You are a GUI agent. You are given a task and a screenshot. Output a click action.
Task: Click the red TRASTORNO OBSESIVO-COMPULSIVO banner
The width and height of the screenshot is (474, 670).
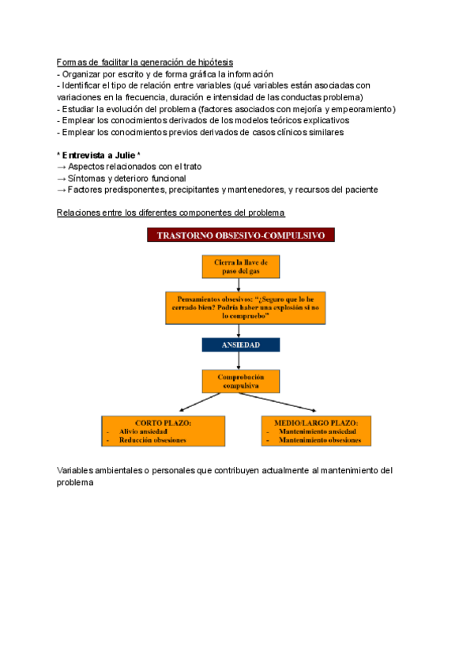[241, 235]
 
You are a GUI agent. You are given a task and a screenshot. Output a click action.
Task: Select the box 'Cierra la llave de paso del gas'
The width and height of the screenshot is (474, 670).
[241, 266]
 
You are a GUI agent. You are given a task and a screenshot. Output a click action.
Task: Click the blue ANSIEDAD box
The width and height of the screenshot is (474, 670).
[241, 345]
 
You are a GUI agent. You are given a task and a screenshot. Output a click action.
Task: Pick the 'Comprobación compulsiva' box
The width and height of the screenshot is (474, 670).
[241, 382]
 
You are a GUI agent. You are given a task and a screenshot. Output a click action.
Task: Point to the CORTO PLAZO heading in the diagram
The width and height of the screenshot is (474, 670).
[164, 423]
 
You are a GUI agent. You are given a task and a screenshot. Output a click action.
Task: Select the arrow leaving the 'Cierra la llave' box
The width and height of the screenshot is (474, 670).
[241, 284]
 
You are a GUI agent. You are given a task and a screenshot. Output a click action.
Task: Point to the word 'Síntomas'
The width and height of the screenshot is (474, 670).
[87, 178]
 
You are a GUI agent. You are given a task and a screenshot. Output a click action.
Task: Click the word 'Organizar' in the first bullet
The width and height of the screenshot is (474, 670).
[81, 73]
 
